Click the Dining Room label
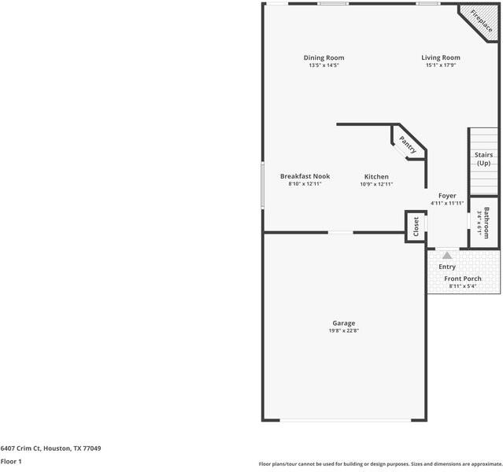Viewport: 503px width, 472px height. click(324, 57)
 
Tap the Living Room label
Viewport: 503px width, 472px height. click(440, 57)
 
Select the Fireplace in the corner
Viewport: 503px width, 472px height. click(481, 22)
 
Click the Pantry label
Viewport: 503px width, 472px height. click(408, 145)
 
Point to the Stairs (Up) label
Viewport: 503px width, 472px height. click(483, 159)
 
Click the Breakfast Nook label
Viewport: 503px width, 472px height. click(305, 176)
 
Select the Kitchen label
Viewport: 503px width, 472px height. click(376, 176)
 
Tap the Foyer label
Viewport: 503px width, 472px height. click(446, 195)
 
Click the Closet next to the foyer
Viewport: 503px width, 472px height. click(416, 227)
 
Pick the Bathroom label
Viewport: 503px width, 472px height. click(486, 222)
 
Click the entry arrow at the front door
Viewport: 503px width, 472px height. click(447, 255)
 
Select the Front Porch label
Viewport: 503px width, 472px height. click(463, 278)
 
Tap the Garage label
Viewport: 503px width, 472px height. click(343, 323)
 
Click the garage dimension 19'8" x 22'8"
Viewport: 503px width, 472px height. click(343, 330)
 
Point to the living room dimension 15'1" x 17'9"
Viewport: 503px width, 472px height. click(440, 65)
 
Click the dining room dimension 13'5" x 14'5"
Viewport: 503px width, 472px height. click(324, 65)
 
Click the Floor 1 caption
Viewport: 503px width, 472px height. click(11, 462)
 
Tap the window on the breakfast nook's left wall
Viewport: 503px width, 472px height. click(262, 186)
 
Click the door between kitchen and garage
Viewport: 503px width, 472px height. click(340, 232)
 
